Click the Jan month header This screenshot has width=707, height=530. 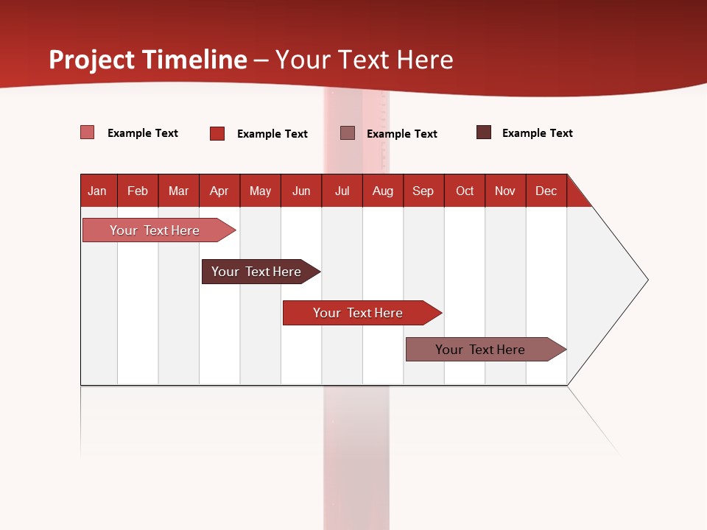point(97,191)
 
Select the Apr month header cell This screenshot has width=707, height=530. point(219,191)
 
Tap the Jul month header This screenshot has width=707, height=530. point(342,191)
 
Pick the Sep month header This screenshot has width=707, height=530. point(423,191)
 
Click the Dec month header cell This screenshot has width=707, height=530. point(546,191)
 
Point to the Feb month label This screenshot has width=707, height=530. point(138,191)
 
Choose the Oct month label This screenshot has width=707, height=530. point(465,191)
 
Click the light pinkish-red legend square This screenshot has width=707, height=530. point(88,132)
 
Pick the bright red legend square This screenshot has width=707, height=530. point(217,133)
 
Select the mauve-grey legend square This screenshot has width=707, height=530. point(348,132)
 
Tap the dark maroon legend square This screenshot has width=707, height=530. point(484,132)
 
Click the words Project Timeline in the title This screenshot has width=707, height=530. point(147,60)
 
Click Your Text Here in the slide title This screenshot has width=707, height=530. point(365,60)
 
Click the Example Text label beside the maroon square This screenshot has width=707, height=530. point(537,133)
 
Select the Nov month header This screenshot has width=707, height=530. point(505,191)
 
